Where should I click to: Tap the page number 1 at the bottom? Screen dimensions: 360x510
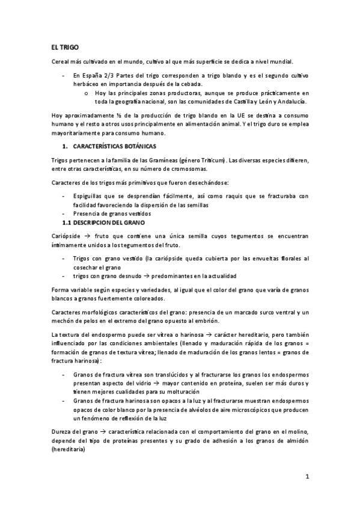click(x=307, y=478)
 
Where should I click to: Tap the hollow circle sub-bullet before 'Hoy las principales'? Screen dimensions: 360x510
click(x=87, y=93)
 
